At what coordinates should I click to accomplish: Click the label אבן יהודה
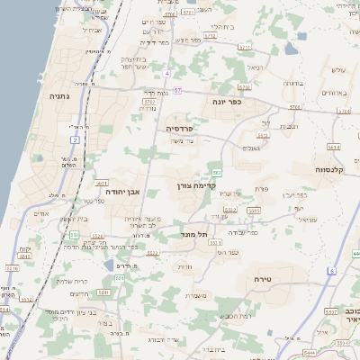[x=123, y=192]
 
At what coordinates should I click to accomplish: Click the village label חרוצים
[x=79, y=293]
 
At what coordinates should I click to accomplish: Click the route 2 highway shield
[x=76, y=140]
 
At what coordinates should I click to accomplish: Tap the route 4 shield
[x=167, y=72]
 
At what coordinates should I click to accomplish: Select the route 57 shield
[x=177, y=90]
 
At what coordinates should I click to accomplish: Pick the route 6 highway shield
[x=331, y=271]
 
